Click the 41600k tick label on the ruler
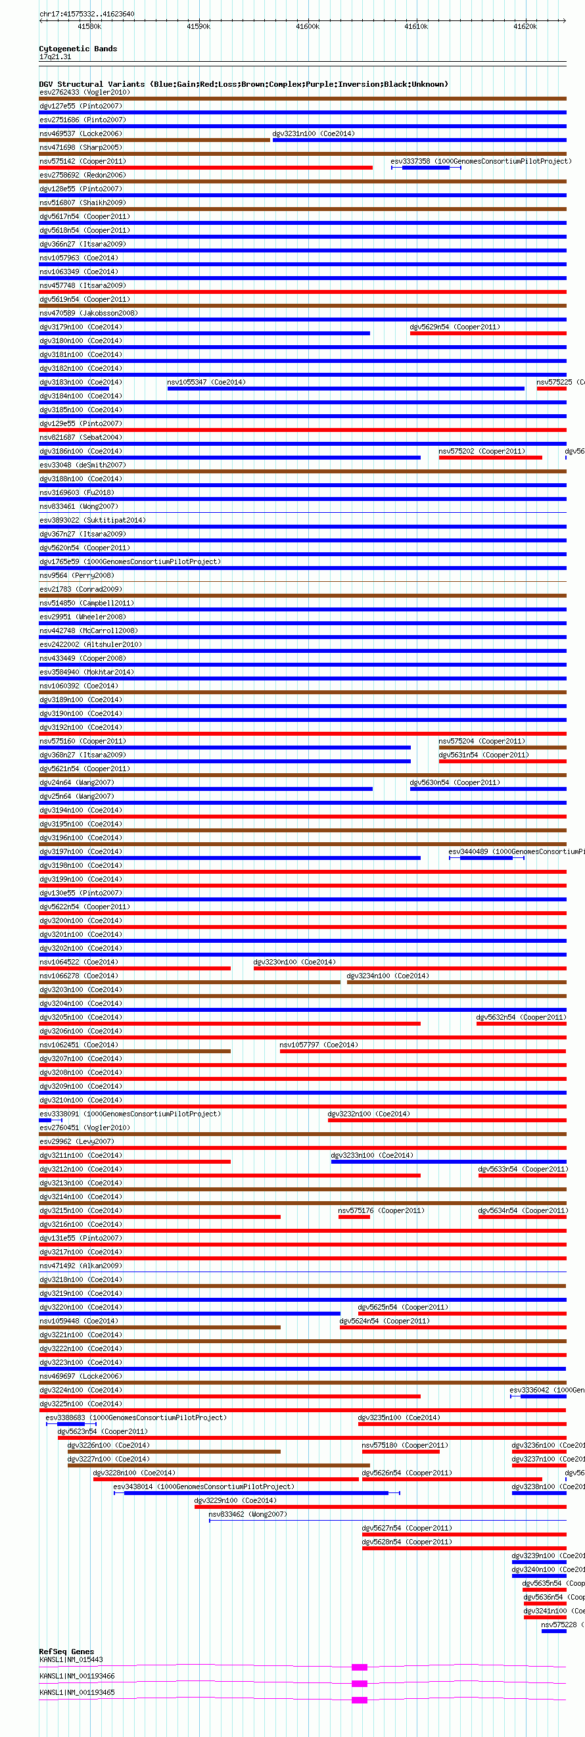(x=308, y=26)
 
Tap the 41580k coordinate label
(x=89, y=26)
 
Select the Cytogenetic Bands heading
(x=78, y=49)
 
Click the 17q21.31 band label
(x=55, y=57)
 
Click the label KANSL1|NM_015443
(x=72, y=1659)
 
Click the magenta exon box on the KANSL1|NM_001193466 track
(x=360, y=1683)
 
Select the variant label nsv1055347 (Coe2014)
(x=206, y=383)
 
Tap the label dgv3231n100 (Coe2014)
(x=314, y=133)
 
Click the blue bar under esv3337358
(x=425, y=168)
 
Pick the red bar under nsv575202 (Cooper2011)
(x=490, y=458)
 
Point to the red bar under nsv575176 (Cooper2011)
(x=354, y=1217)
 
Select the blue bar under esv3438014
(x=256, y=1493)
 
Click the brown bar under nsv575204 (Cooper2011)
(x=502, y=748)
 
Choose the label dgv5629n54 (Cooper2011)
(x=455, y=327)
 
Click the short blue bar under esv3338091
(x=45, y=1121)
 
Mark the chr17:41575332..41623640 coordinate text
(x=87, y=14)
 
